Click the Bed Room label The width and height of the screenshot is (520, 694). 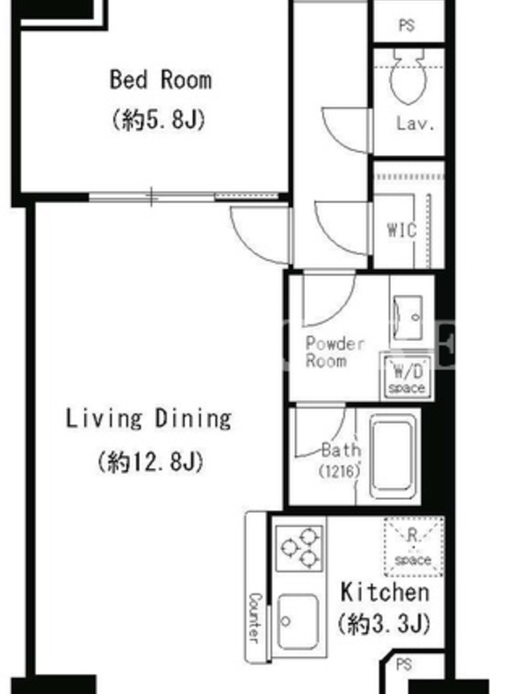[160, 80]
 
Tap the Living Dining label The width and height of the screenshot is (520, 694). [148, 418]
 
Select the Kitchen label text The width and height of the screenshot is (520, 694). [385, 593]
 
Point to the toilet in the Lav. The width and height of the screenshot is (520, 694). [407, 76]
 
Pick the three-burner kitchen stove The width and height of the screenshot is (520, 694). [299, 548]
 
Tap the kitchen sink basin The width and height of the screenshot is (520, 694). [298, 621]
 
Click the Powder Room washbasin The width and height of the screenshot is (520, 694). [407, 318]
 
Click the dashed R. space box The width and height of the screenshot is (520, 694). [413, 547]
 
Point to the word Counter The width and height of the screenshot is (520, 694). [255, 618]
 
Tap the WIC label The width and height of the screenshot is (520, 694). [401, 231]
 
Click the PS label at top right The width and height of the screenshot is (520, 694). [406, 25]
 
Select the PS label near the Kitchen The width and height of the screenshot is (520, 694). [404, 665]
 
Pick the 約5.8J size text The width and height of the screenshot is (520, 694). [159, 120]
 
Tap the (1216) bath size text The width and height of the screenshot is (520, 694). [339, 471]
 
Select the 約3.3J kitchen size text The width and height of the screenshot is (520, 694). [384, 624]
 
